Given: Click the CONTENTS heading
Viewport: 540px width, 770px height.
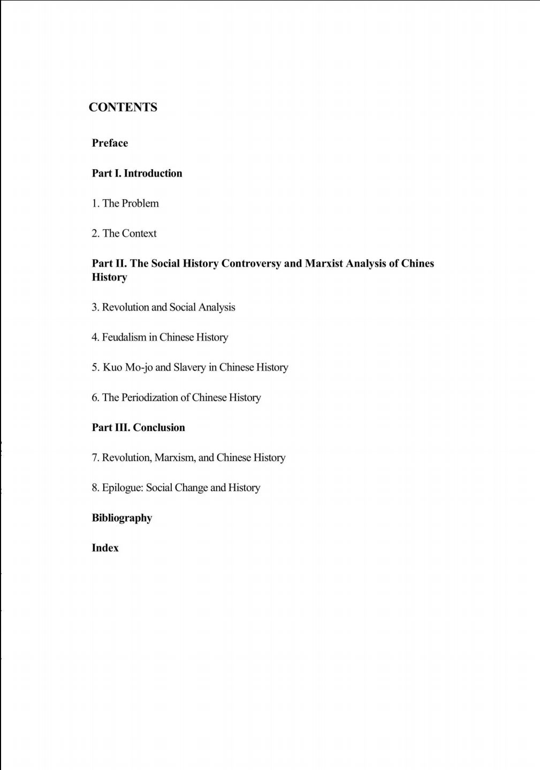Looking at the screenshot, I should coord(123,107).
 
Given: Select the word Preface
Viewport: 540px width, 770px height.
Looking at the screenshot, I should coord(110,143).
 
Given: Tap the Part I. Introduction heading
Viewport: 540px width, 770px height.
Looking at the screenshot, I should coord(137,173).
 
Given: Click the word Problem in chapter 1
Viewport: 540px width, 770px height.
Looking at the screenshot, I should coord(140,203).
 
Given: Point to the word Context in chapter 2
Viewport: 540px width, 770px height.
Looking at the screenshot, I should coord(139,233).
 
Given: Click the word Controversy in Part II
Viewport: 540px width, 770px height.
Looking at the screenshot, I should coord(251,263).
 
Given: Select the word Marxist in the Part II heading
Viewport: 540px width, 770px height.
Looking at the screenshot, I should coord(324,263).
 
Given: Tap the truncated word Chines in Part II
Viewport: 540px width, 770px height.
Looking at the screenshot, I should coord(417,263).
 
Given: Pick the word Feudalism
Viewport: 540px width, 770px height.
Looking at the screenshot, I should coord(124,337).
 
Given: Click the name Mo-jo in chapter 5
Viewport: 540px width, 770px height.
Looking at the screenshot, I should coord(139,367).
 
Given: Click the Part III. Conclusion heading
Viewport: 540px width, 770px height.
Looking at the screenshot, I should coord(138,427).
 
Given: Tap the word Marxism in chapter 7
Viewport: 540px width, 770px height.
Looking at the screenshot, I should coord(175,458).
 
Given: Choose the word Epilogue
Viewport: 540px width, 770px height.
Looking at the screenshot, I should coord(123,488).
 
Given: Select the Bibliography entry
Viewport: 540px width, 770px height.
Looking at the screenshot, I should coord(122,518).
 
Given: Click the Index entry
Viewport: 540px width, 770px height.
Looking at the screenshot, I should coord(105,548).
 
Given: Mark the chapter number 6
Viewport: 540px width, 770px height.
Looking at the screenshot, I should coord(95,397).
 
